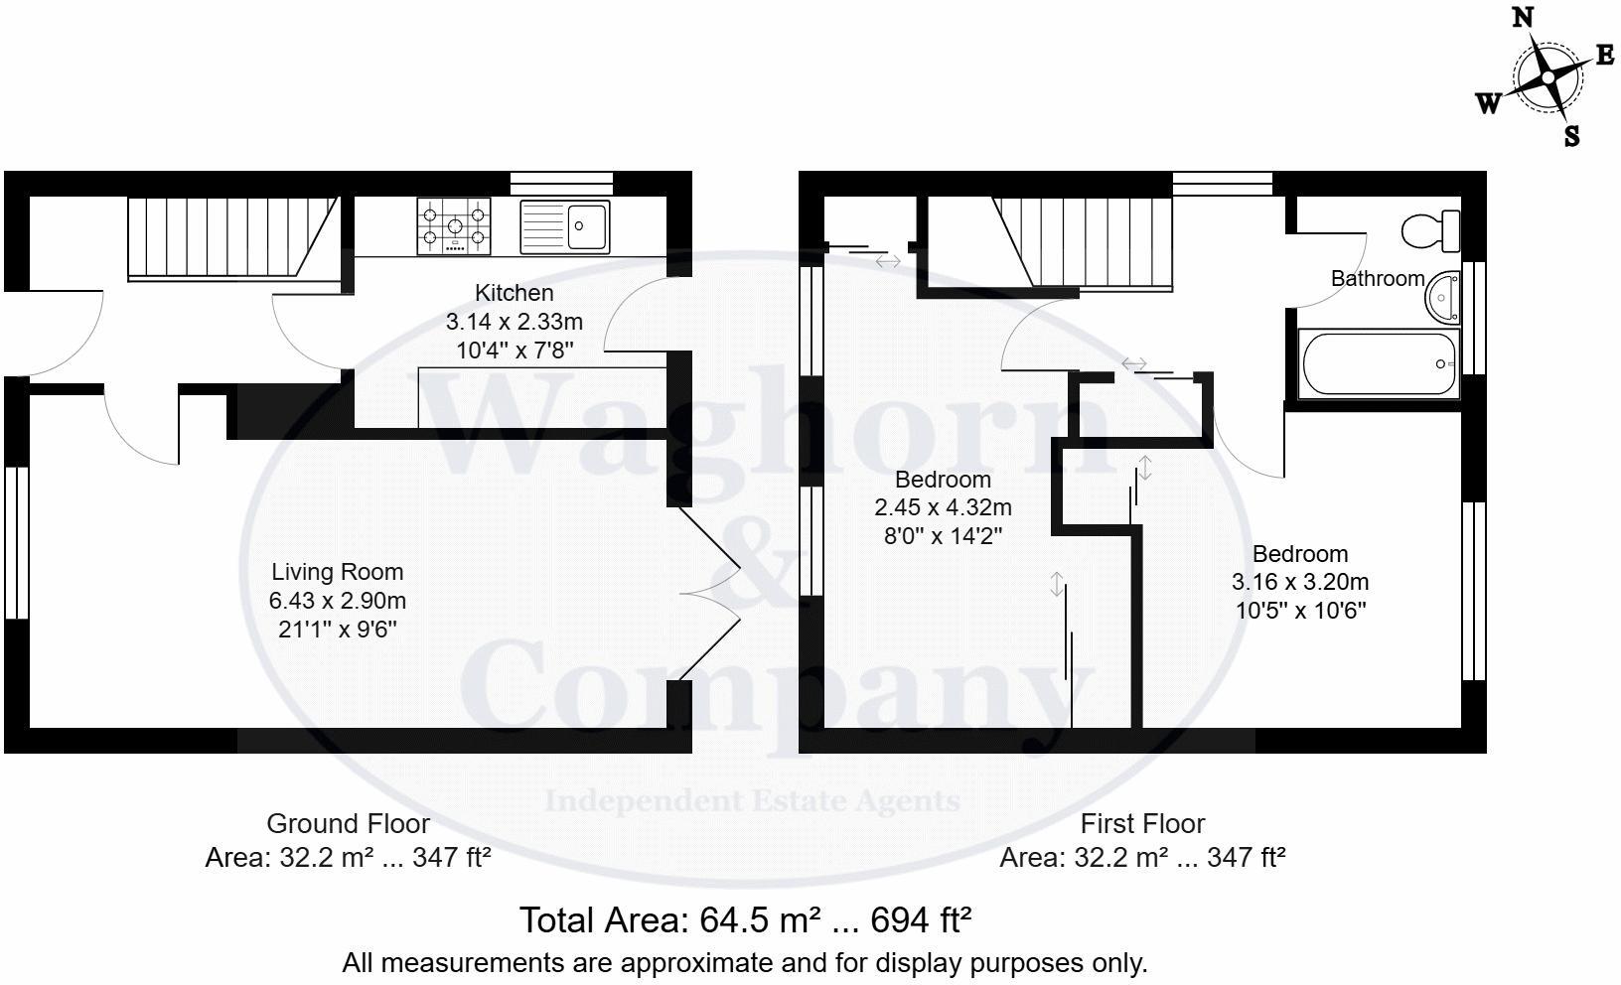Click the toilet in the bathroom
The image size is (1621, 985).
[1431, 230]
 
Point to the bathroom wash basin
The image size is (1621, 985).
[1443, 295]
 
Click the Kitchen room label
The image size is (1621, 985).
[514, 293]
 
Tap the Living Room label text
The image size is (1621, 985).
[338, 572]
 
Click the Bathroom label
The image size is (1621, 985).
[1377, 279]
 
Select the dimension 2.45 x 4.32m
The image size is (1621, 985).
[943, 507]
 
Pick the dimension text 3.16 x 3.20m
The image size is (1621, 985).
[1300, 582]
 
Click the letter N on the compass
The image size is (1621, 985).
[1522, 18]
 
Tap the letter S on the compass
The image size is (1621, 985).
[1571, 136]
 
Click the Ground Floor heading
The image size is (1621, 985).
[348, 823]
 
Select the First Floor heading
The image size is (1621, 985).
[1142, 823]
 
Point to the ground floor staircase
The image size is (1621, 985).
[228, 236]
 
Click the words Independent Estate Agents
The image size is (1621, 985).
[752, 800]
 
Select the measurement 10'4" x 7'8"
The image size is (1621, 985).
[514, 350]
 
